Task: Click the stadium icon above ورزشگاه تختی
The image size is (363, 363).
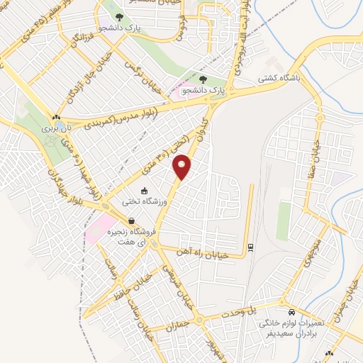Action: (145, 191)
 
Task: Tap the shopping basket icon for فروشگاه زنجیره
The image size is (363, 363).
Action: (133, 220)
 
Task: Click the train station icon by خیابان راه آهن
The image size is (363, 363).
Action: (250, 247)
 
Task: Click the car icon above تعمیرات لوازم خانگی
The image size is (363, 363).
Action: (291, 312)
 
